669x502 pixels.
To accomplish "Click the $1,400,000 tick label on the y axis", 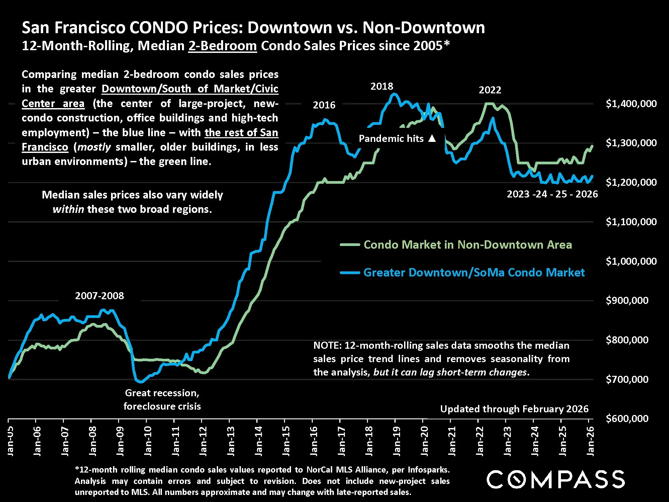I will click(x=631, y=104).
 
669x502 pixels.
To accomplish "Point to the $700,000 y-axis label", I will click(x=627, y=379).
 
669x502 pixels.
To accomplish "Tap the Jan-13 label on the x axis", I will click(x=231, y=441).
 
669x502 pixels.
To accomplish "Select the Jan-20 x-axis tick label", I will click(x=424, y=441).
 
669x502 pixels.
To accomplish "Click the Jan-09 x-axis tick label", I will click(x=120, y=441).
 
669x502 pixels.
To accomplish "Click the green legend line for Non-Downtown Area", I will click(x=350, y=245).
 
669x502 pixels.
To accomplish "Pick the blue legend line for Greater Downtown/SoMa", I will click(x=350, y=273).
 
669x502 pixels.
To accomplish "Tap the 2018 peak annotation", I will click(x=382, y=86).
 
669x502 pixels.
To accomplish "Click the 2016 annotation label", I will click(x=324, y=105).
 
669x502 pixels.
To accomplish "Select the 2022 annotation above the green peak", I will click(x=490, y=90).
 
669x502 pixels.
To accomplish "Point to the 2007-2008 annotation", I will click(x=99, y=296).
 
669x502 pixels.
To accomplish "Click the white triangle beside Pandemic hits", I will click(x=432, y=138).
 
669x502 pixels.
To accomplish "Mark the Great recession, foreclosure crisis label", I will click(x=162, y=400).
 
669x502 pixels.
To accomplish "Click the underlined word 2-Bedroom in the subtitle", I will click(x=222, y=46).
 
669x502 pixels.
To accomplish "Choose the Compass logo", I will click(x=555, y=479).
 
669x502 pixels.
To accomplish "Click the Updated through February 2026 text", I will click(x=514, y=409).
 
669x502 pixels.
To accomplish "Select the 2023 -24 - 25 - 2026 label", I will click(x=552, y=194).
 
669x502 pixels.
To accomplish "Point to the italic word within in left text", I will click(x=68, y=210).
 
